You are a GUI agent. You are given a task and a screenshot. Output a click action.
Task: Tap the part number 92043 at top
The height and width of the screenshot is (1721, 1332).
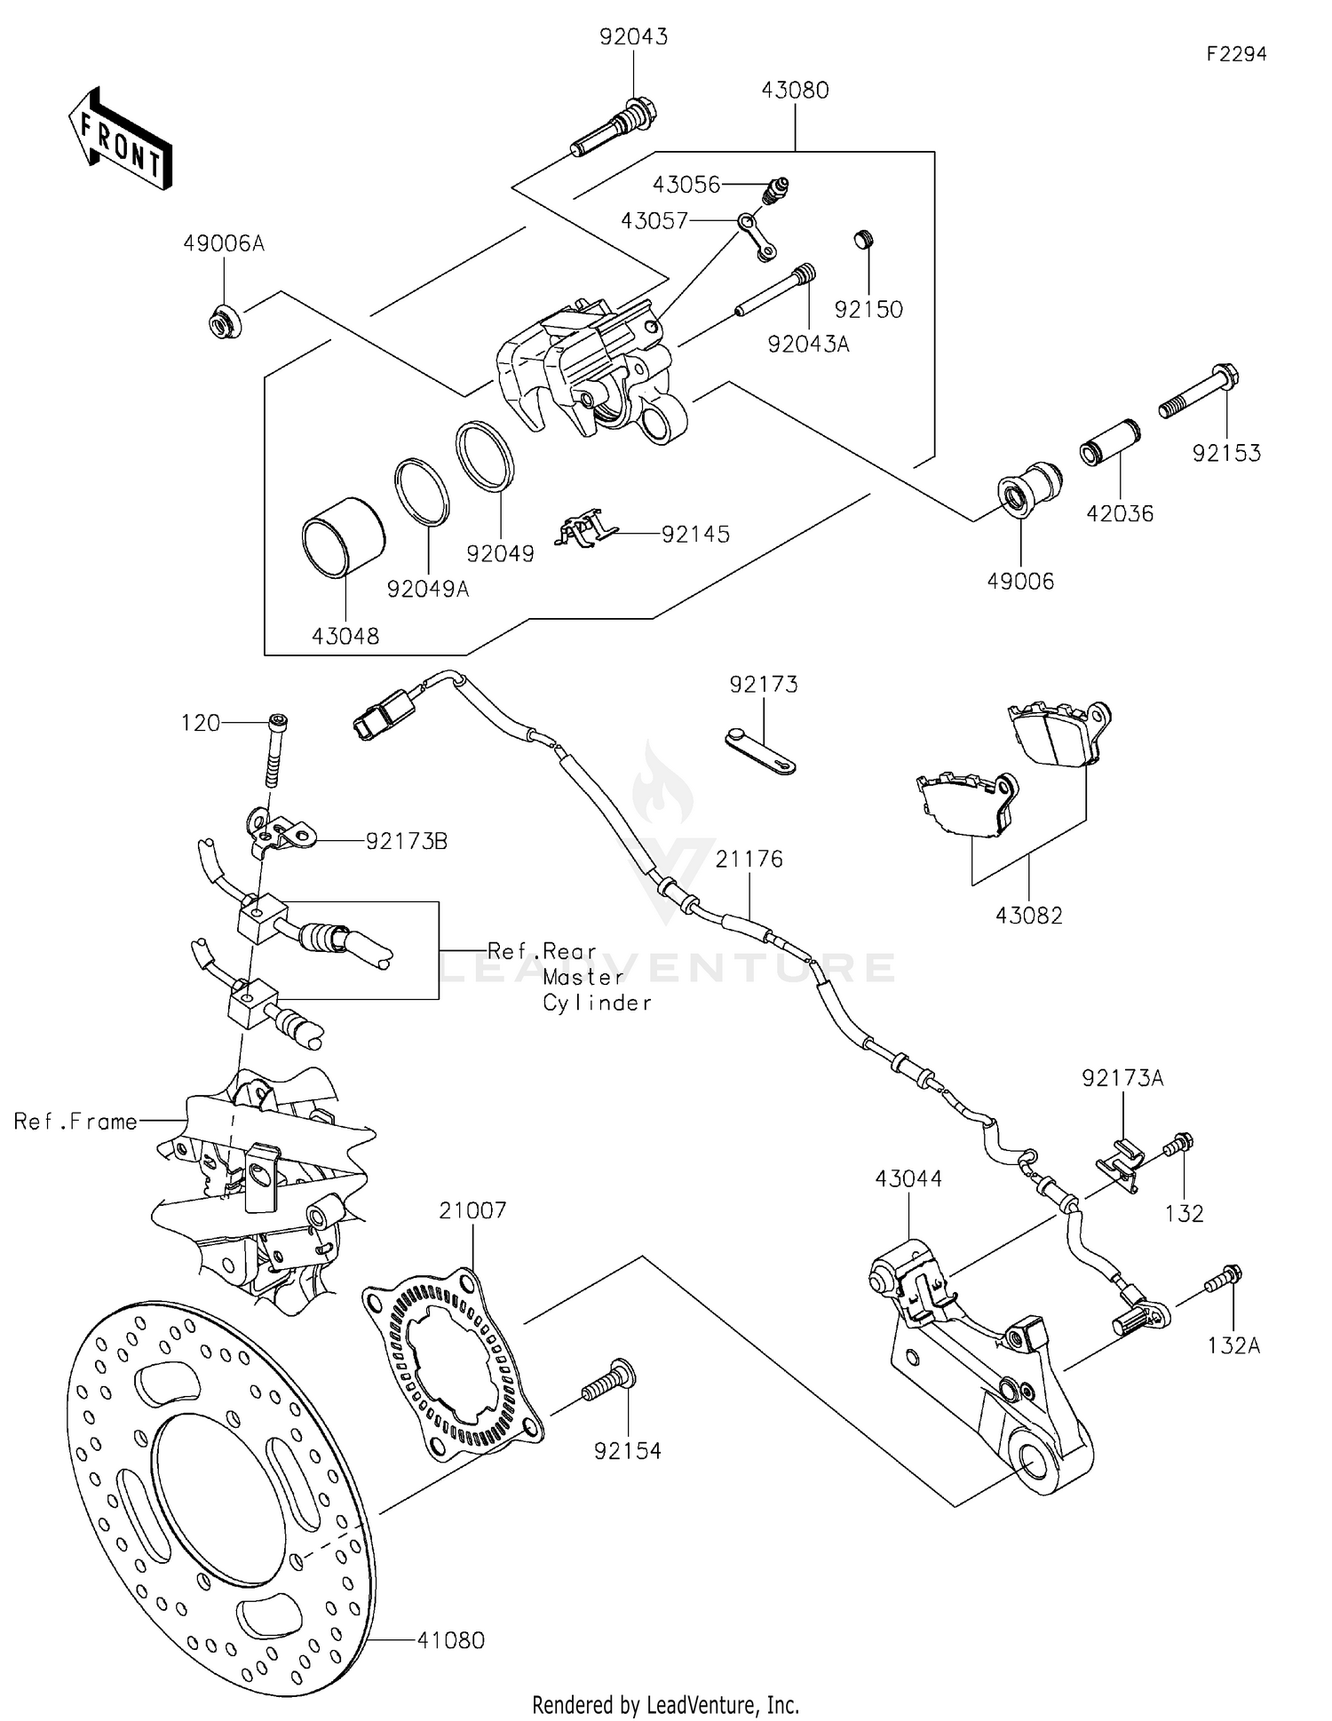pyautogui.click(x=633, y=37)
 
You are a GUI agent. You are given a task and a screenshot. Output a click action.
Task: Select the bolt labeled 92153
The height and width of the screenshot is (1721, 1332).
pyautogui.click(x=1198, y=394)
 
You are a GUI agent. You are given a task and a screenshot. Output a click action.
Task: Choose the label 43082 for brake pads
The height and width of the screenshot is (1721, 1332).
pyautogui.click(x=1028, y=915)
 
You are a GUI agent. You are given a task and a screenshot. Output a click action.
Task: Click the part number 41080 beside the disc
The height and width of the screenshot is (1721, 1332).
pyautogui.click(x=451, y=1639)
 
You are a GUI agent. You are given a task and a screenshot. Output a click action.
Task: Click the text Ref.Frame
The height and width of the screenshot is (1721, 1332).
pyautogui.click(x=75, y=1122)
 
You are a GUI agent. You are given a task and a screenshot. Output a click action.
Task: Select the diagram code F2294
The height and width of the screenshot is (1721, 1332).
pyautogui.click(x=1236, y=54)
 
